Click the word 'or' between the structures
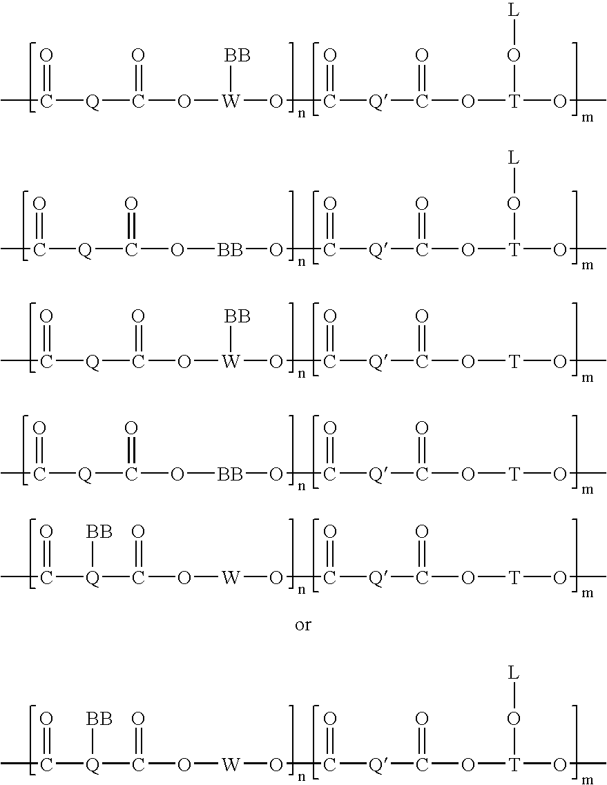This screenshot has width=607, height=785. (x=303, y=626)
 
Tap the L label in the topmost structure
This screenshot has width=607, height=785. (x=514, y=10)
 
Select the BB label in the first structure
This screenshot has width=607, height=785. (x=237, y=55)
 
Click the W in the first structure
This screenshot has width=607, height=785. (x=231, y=101)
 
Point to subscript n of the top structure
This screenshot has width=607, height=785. (x=301, y=114)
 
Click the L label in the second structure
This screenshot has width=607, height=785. (x=514, y=158)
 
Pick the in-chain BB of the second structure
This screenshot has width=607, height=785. (x=230, y=250)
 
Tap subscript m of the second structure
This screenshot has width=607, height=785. (x=587, y=266)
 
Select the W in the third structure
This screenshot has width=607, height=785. (x=231, y=362)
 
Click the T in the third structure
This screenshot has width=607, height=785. (x=514, y=362)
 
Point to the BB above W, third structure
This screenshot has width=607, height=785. (x=237, y=316)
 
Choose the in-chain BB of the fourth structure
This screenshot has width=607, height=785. (x=230, y=474)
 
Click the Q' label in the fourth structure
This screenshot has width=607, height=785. (x=376, y=474)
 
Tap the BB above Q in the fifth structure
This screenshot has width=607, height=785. (x=99, y=532)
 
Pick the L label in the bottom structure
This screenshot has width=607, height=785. (x=514, y=673)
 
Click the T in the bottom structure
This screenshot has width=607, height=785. (x=514, y=764)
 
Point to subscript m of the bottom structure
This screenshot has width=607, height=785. (x=587, y=780)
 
